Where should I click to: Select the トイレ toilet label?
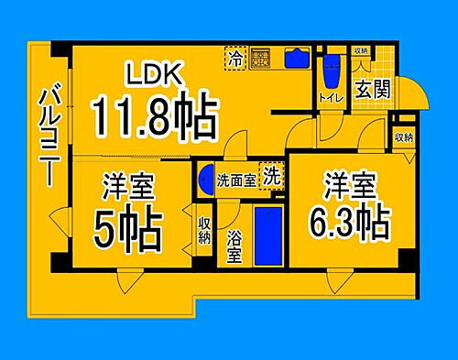[x=329, y=95]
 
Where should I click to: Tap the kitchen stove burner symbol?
[x=261, y=58]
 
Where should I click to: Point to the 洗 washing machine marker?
[x=272, y=174]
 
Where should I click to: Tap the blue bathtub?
[x=267, y=235]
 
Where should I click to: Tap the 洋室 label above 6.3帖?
[x=348, y=186]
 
